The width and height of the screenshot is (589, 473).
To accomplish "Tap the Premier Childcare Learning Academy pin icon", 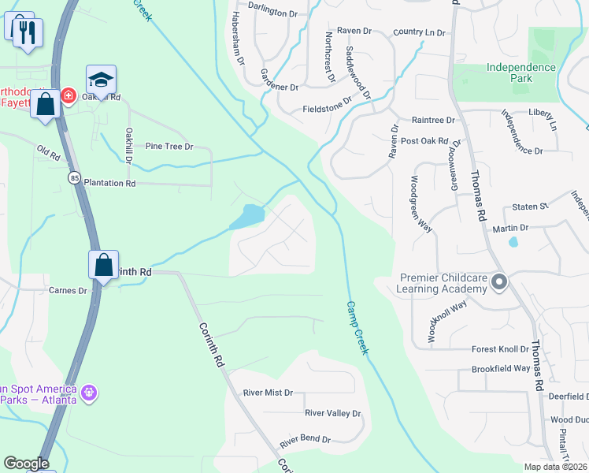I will point(498,281).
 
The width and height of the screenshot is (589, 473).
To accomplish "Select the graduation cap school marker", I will point(101,80).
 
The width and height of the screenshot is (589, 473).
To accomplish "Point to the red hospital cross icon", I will point(69,95).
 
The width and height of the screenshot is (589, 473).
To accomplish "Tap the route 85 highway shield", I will point(73,177).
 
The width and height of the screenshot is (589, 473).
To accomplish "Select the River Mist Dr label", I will point(268,393).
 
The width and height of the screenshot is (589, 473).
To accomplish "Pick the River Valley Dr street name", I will point(332,413).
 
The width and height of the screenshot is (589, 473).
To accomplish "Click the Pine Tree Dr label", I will point(169,147).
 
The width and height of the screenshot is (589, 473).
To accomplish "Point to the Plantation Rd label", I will point(109,183).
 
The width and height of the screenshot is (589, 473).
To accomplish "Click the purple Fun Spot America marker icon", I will point(88,391).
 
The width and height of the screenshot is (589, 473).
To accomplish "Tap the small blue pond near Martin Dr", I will point(513,241).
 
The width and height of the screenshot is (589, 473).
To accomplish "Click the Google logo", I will point(25,464).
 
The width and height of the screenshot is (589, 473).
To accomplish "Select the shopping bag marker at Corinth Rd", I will point(103,265).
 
